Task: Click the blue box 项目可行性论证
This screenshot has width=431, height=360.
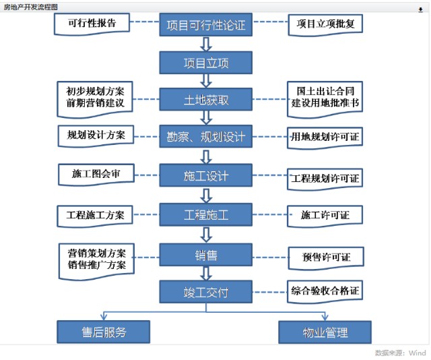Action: click(206, 25)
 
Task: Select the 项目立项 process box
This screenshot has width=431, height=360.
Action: click(206, 63)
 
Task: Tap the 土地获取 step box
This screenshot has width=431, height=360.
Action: click(206, 99)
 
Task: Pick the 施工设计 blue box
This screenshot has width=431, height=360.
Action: click(206, 175)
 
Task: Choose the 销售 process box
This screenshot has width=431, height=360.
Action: click(206, 255)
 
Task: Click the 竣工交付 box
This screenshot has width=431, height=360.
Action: click(206, 292)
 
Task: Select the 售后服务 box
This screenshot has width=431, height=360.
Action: click(103, 332)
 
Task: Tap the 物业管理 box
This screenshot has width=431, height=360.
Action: click(325, 332)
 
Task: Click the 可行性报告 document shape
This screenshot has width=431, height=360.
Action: click(92, 24)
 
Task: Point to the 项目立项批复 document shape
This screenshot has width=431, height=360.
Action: click(325, 25)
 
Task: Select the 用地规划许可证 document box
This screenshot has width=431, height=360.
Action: click(325, 138)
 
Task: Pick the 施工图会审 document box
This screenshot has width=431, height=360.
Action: click(96, 175)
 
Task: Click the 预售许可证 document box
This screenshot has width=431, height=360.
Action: click(326, 258)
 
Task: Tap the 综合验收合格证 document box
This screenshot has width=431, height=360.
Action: click(325, 292)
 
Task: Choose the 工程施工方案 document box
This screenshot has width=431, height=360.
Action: click(95, 216)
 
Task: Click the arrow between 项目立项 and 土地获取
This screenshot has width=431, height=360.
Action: click(206, 81)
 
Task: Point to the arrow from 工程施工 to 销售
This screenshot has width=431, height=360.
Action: click(206, 235)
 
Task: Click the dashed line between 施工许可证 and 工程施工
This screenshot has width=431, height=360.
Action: click(269, 214)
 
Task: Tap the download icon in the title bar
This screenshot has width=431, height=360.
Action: click(420, 10)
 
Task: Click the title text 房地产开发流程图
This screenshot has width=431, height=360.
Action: click(30, 7)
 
